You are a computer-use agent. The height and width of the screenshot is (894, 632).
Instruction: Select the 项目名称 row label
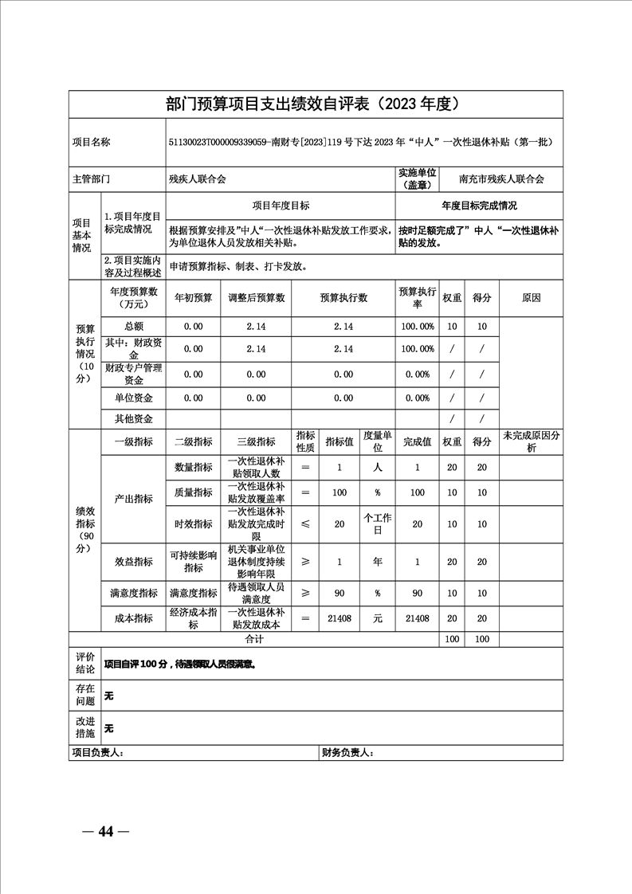click(92, 143)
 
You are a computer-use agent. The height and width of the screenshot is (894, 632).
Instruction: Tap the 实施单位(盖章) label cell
click(417, 179)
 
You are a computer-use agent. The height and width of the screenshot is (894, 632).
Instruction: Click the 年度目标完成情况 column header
click(479, 206)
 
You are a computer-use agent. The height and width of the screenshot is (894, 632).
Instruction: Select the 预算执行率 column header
click(417, 297)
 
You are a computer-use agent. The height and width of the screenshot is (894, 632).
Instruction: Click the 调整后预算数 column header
click(256, 298)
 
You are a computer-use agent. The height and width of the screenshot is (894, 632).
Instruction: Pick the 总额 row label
click(133, 326)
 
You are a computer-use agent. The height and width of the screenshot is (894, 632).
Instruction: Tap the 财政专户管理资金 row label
click(133, 374)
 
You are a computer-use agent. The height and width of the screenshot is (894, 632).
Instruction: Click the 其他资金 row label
click(133, 418)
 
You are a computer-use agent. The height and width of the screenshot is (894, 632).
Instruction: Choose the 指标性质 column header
click(305, 441)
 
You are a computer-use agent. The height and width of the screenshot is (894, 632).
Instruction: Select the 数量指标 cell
click(194, 468)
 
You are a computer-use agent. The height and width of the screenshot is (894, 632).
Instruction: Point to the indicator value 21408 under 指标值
click(340, 618)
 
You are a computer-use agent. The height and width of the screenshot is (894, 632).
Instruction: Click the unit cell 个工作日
click(378, 523)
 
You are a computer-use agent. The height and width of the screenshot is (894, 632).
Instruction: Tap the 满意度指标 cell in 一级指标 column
click(133, 594)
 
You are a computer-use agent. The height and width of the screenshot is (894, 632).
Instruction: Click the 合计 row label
click(253, 639)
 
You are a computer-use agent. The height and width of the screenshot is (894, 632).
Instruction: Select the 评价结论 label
click(85, 663)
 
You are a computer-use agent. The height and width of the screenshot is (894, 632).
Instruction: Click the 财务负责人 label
click(347, 752)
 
